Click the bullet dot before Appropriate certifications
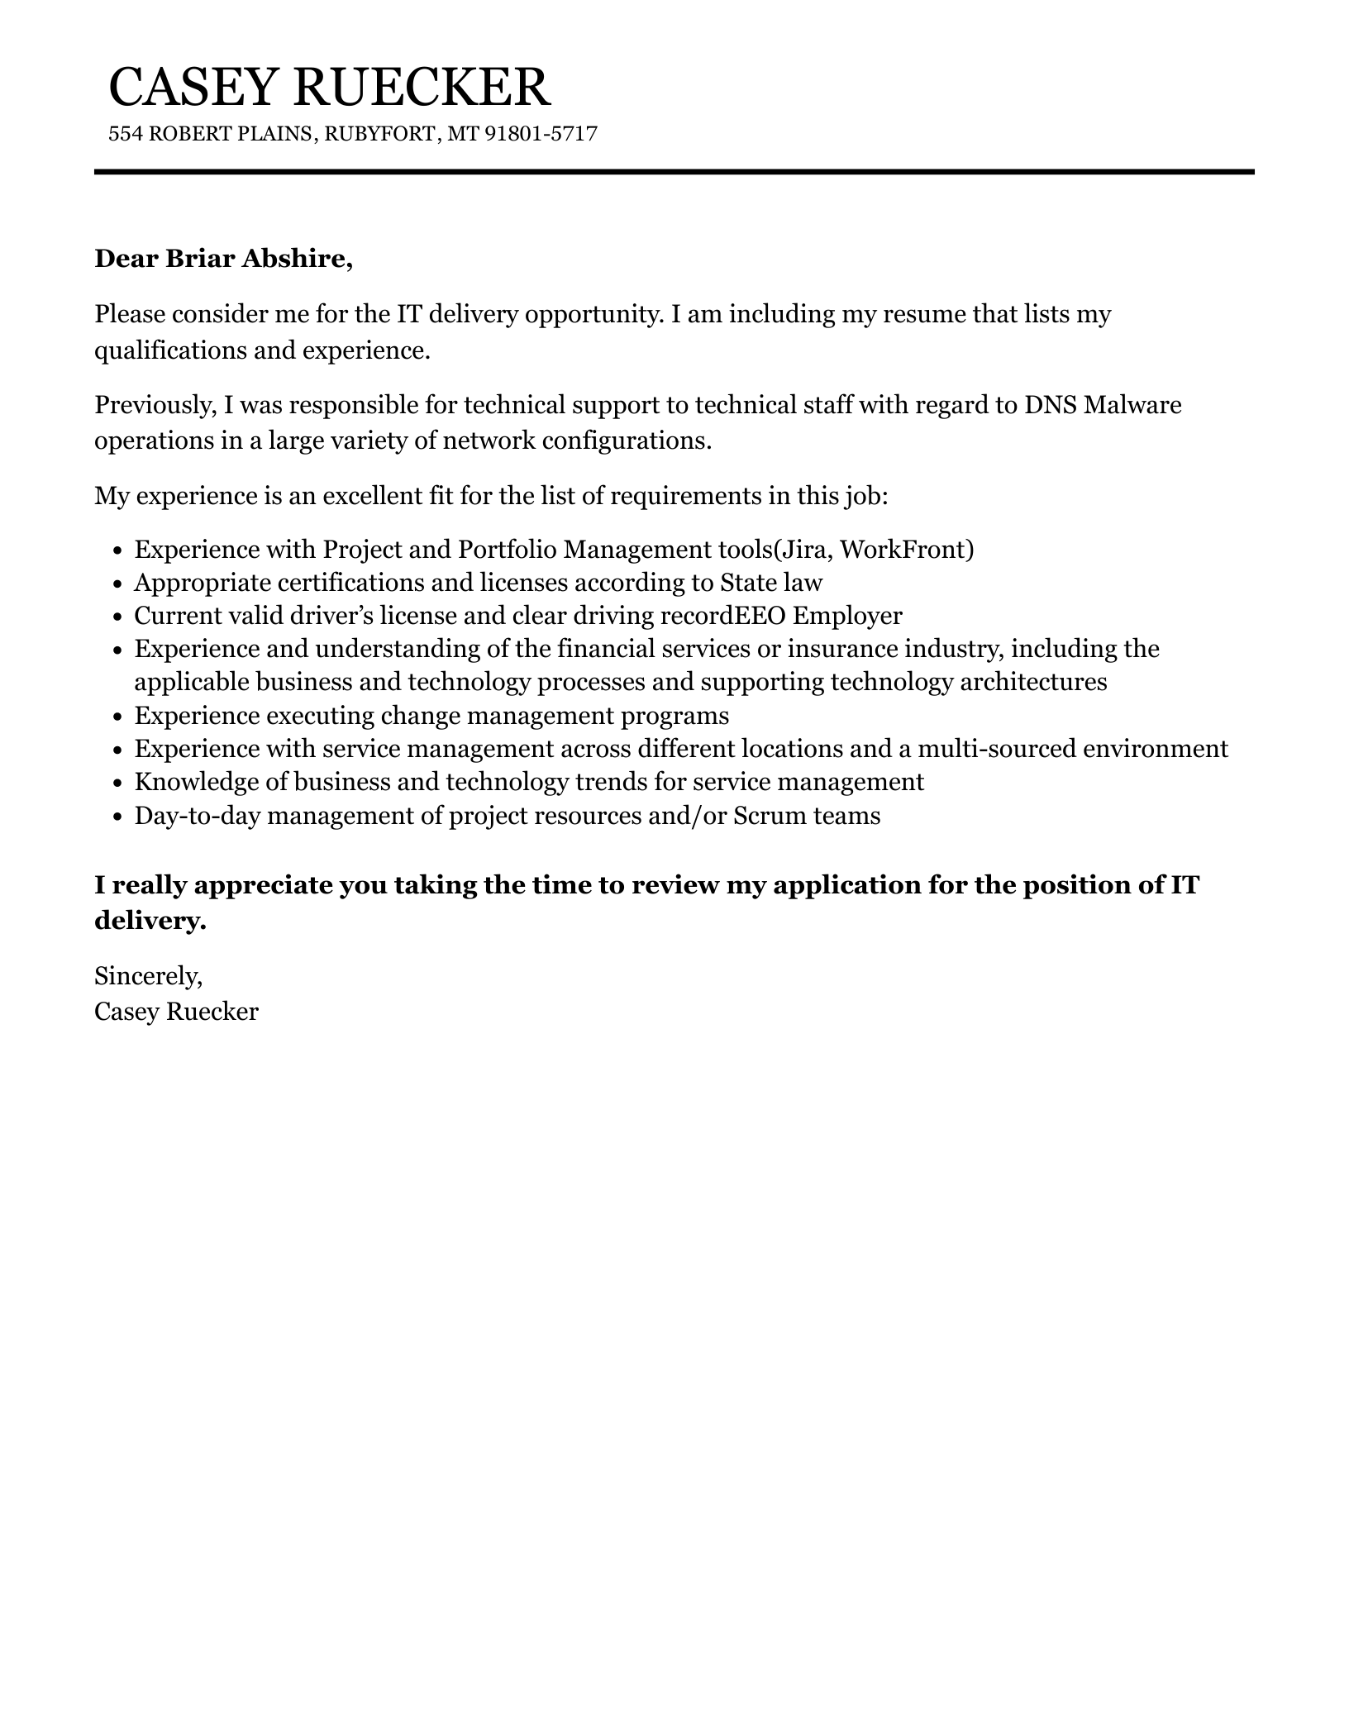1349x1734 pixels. pyautogui.click(x=117, y=584)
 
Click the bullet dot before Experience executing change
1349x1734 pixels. pyautogui.click(x=117, y=717)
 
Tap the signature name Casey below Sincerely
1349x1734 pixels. pyautogui.click(x=126, y=1012)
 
